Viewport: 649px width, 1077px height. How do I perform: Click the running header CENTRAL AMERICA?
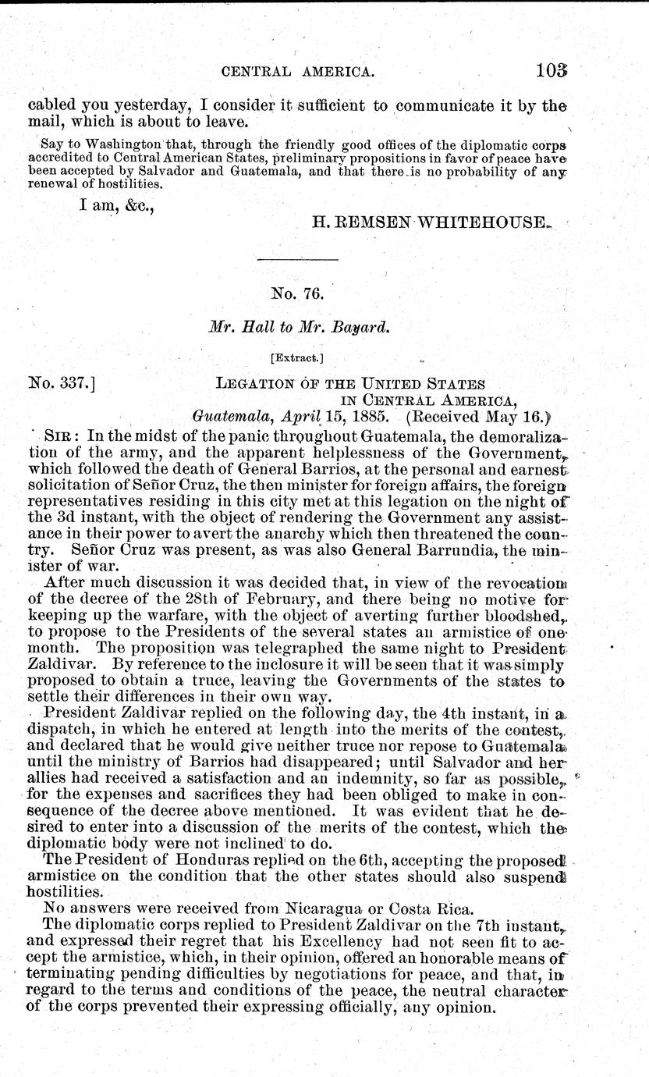click(300, 73)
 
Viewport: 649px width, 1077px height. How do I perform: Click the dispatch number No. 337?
click(60, 382)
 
